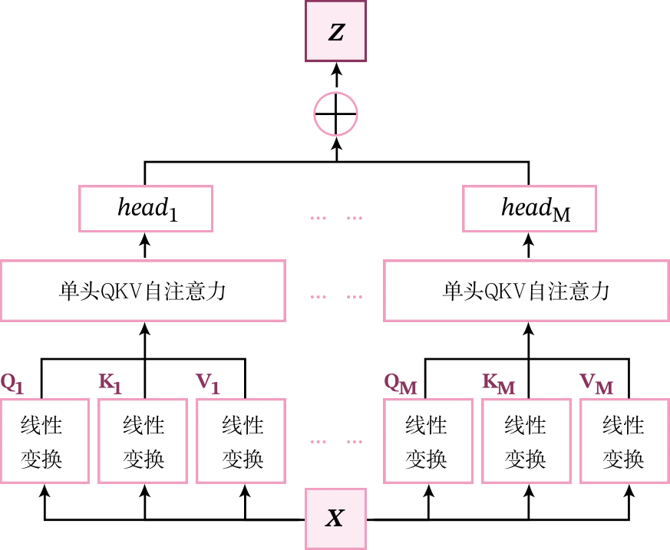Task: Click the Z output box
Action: point(335,31)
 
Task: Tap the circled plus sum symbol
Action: point(335,115)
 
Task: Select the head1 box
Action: point(146,208)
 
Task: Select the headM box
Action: point(529,208)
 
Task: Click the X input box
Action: point(335,519)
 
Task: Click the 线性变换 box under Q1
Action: point(45,441)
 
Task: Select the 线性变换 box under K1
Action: point(143,441)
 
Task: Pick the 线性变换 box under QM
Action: point(427,441)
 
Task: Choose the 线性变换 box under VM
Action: point(624,441)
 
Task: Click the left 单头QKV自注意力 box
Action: point(143,291)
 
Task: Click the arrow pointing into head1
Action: point(146,245)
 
